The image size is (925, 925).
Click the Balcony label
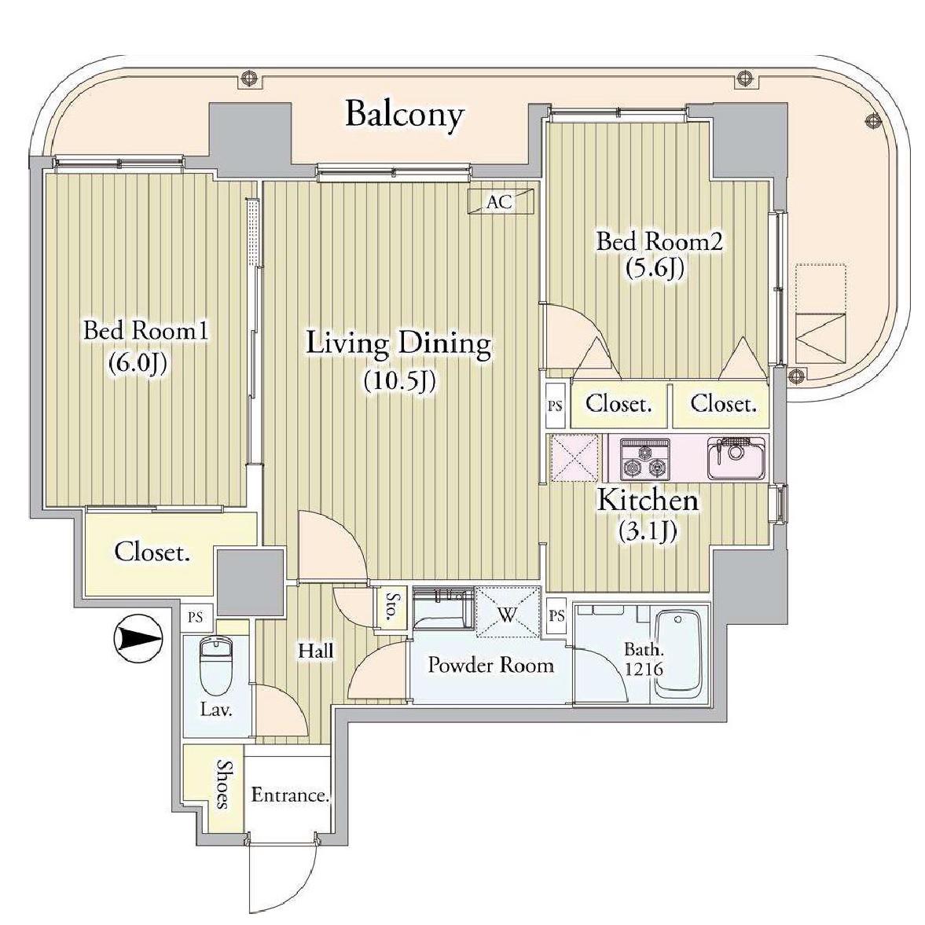point(404,115)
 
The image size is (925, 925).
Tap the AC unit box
point(501,202)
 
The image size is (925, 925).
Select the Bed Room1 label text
point(145,330)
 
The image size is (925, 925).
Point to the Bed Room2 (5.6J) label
point(659,255)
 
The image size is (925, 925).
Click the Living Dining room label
point(398,343)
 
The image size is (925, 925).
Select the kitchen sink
point(737,457)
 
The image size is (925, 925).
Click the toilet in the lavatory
point(216,666)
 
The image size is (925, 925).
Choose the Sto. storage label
point(390,607)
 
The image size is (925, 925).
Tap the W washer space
point(508,611)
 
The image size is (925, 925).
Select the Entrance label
point(290,795)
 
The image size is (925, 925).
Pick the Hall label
point(316,651)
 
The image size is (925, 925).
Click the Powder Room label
point(491,665)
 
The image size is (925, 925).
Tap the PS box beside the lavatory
point(195,617)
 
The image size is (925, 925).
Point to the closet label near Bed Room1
point(152,552)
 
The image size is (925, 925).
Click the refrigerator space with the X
point(574,458)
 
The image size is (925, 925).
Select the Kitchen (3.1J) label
point(648,515)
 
